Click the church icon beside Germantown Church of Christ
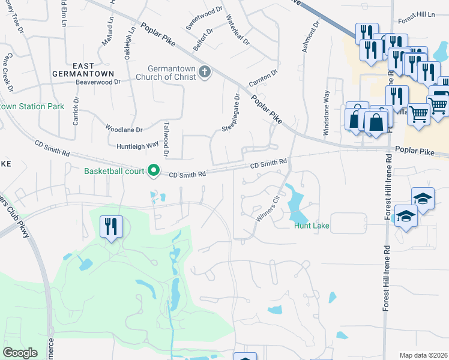click(x=205, y=72)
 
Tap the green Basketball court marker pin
click(x=153, y=172)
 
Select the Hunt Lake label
click(x=312, y=226)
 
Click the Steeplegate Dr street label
click(x=231, y=113)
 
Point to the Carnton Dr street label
click(x=264, y=77)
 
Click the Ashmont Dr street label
click(x=310, y=36)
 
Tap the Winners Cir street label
click(x=268, y=208)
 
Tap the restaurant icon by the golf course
click(x=111, y=227)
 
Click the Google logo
click(x=20, y=353)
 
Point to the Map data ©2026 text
click(x=423, y=355)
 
